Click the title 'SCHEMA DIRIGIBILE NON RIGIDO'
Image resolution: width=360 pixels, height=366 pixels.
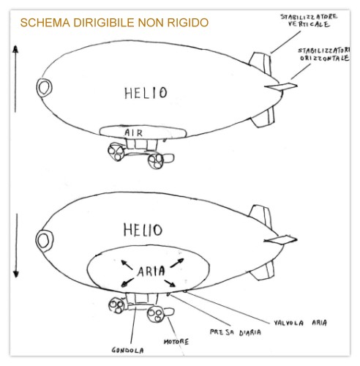tap(114, 23)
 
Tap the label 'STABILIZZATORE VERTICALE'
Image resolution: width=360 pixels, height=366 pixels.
tap(309, 20)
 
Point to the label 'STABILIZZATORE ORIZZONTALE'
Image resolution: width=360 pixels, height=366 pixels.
tap(324, 54)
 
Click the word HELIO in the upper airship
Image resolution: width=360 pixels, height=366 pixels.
tap(146, 93)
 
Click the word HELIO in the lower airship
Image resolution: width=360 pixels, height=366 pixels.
tap(143, 230)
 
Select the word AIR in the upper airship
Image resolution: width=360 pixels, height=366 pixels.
tap(133, 133)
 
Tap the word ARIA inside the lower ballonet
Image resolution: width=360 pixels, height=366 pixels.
tap(151, 271)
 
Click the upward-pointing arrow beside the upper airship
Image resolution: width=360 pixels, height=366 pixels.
tap(15, 78)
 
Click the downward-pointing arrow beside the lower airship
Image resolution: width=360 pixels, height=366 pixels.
tap(16, 246)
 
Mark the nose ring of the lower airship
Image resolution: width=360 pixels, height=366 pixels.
tap(37, 240)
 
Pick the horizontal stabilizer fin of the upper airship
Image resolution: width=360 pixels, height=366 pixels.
tap(281, 86)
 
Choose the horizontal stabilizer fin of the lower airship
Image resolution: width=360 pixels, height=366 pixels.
tap(280, 239)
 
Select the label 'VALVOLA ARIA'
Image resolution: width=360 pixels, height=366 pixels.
tap(300, 323)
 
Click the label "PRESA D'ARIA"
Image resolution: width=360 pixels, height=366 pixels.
tap(236, 332)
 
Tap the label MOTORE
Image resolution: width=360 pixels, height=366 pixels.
tap(176, 342)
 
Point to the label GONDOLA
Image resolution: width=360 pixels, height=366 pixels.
tap(127, 351)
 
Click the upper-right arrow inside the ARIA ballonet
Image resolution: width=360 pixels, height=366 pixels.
tap(176, 263)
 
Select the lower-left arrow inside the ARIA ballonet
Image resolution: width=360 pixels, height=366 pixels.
tap(127, 283)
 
